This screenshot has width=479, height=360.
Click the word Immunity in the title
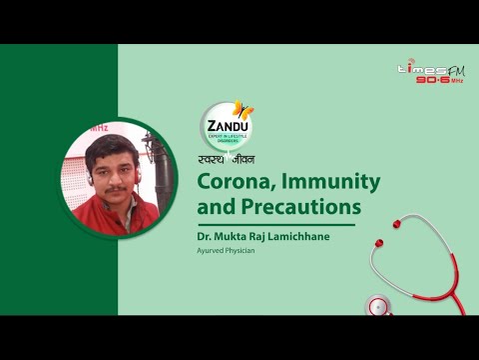(x=328, y=183)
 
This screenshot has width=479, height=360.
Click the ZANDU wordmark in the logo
(x=224, y=126)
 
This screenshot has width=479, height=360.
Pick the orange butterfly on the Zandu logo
(x=242, y=110)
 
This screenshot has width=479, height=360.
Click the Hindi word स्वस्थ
(x=213, y=159)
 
